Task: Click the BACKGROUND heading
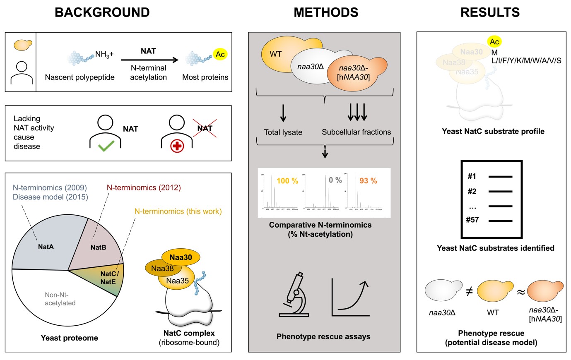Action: [x=102, y=12]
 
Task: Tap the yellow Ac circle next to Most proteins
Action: [x=220, y=54]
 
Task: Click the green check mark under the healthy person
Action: [x=106, y=146]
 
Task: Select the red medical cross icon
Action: [x=177, y=146]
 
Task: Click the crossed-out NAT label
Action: [x=205, y=128]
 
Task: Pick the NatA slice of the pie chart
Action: [x=46, y=247]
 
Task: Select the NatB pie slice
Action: [x=98, y=247]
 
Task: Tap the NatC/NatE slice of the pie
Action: [x=109, y=278]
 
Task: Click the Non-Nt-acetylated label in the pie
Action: [x=60, y=299]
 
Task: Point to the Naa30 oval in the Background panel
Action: [x=181, y=257]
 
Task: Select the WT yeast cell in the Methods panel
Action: [x=276, y=54]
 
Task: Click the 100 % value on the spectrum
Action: [x=287, y=181]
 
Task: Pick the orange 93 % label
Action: [x=368, y=181]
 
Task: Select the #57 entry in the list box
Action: [x=473, y=220]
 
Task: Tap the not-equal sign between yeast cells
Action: [x=469, y=292]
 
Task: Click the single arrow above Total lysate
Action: [x=283, y=113]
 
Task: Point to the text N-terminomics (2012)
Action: [x=144, y=187]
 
